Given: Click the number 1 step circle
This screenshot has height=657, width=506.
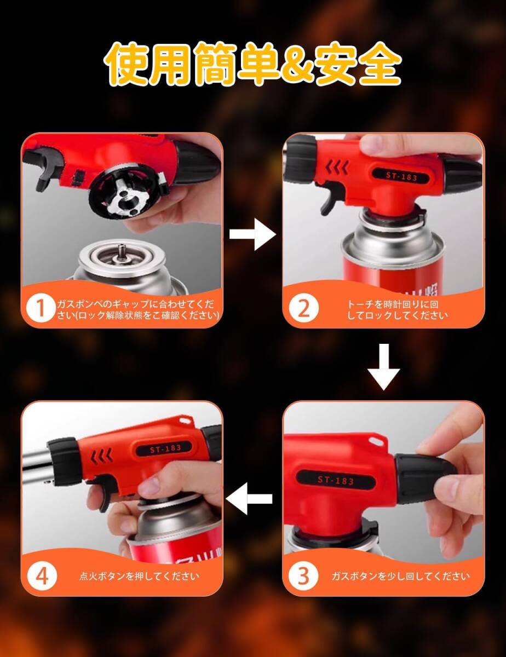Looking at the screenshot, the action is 41,309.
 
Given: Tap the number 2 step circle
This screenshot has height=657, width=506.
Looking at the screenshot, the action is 303,309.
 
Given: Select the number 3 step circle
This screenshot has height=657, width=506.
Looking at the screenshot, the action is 303,577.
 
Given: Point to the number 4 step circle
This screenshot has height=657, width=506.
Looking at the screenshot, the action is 42,577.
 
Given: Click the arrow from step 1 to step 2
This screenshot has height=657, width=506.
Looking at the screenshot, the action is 252,234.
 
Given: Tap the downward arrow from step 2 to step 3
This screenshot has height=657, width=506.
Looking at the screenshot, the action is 384,367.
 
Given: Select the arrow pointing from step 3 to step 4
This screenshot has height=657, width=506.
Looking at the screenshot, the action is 249,499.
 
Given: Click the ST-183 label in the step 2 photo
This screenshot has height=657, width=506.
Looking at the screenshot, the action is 401,176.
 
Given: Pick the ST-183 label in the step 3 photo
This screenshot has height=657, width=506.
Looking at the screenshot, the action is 336,480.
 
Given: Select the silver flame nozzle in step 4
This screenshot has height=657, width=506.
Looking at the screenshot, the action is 36,467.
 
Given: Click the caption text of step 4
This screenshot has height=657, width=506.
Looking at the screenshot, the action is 139,577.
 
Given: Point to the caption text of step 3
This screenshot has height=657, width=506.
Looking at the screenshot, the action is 401,577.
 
